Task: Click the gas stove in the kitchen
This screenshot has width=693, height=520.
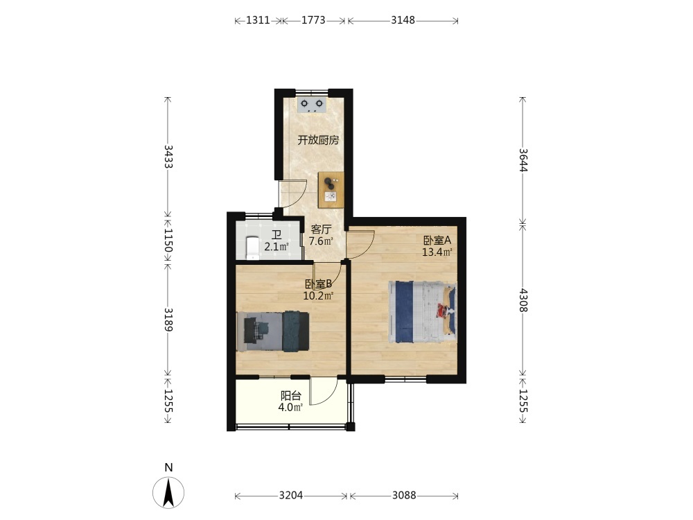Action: pyautogui.click(x=312, y=105)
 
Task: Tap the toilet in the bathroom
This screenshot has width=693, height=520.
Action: pyautogui.click(x=252, y=248)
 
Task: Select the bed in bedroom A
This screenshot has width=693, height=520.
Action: pyautogui.click(x=423, y=312)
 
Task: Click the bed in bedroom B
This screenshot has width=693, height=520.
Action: pyautogui.click(x=272, y=331)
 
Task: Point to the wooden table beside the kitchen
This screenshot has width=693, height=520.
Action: pyautogui.click(x=331, y=190)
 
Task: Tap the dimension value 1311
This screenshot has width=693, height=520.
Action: pyautogui.click(x=258, y=20)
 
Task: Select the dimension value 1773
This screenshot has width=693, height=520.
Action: pyautogui.click(x=313, y=20)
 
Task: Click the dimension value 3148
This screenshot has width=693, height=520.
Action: pyautogui.click(x=403, y=20)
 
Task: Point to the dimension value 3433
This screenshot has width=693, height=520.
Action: pyautogui.click(x=168, y=157)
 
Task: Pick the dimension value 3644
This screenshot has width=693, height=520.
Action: pyautogui.click(x=523, y=159)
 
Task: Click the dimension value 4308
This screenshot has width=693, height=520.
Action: pyautogui.click(x=523, y=300)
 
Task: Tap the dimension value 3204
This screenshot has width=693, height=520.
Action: pyautogui.click(x=291, y=496)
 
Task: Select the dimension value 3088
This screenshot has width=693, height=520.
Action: pyautogui.click(x=404, y=496)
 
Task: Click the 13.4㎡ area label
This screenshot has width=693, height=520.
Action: pyautogui.click(x=437, y=252)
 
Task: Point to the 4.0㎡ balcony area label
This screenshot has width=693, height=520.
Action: pyautogui.click(x=290, y=407)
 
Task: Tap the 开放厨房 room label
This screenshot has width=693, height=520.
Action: pyautogui.click(x=318, y=140)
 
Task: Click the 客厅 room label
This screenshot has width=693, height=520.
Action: pyautogui.click(x=321, y=229)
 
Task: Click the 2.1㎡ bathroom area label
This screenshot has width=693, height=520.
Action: pyautogui.click(x=277, y=247)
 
